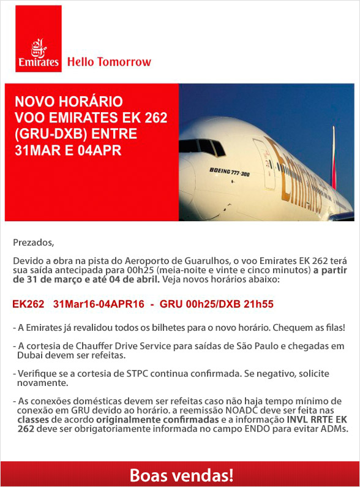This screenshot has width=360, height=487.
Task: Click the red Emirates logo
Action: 39,39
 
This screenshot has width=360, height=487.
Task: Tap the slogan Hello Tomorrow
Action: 109,62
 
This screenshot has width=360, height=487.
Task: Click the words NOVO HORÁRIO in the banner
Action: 69,102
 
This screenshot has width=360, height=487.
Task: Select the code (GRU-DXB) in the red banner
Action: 47,134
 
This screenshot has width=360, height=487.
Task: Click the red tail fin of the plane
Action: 334,156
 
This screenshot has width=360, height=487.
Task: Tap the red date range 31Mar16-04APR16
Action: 99,304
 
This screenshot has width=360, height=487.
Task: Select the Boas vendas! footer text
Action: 181,474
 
